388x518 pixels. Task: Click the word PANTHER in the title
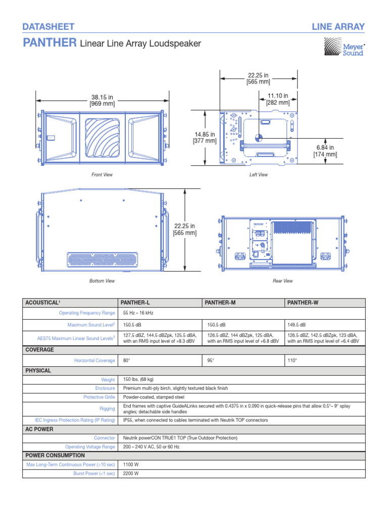(50, 44)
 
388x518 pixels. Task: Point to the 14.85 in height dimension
(204, 137)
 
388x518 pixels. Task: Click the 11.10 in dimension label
(278, 99)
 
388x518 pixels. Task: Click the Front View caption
(102, 175)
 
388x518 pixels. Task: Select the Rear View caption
(282, 281)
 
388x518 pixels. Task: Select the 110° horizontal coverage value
(292, 360)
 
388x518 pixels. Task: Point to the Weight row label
(108, 379)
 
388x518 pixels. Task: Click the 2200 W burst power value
(131, 473)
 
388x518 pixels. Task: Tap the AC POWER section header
(40, 429)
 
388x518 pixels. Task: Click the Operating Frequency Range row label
(87, 313)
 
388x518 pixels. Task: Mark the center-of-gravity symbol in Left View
(259, 136)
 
